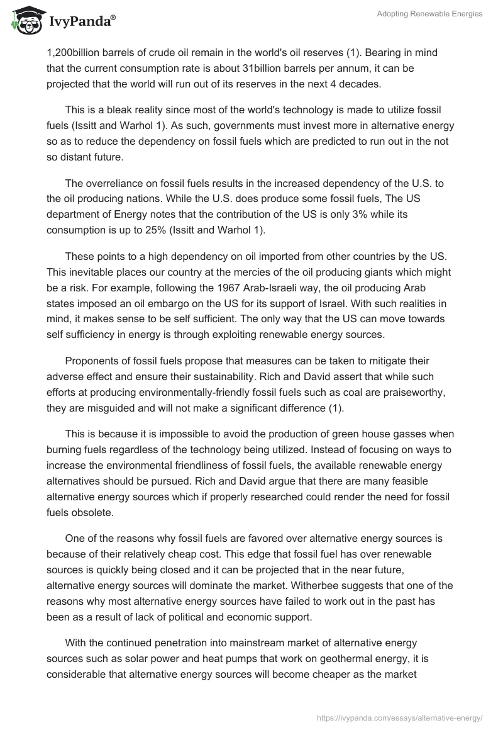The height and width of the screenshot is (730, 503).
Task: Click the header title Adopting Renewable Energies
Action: [x=429, y=14]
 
